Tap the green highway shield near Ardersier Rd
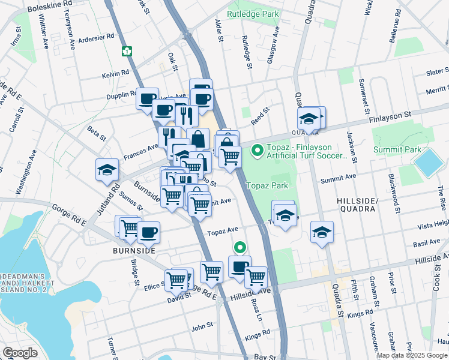(x=127, y=51)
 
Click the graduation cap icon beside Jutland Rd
(x=107, y=170)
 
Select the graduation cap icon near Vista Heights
(x=322, y=233)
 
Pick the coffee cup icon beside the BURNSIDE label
(x=148, y=232)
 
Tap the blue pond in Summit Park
(x=428, y=163)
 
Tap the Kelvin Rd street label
(x=115, y=73)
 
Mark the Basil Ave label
(x=427, y=243)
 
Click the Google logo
(x=20, y=353)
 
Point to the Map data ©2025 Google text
(x=412, y=355)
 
